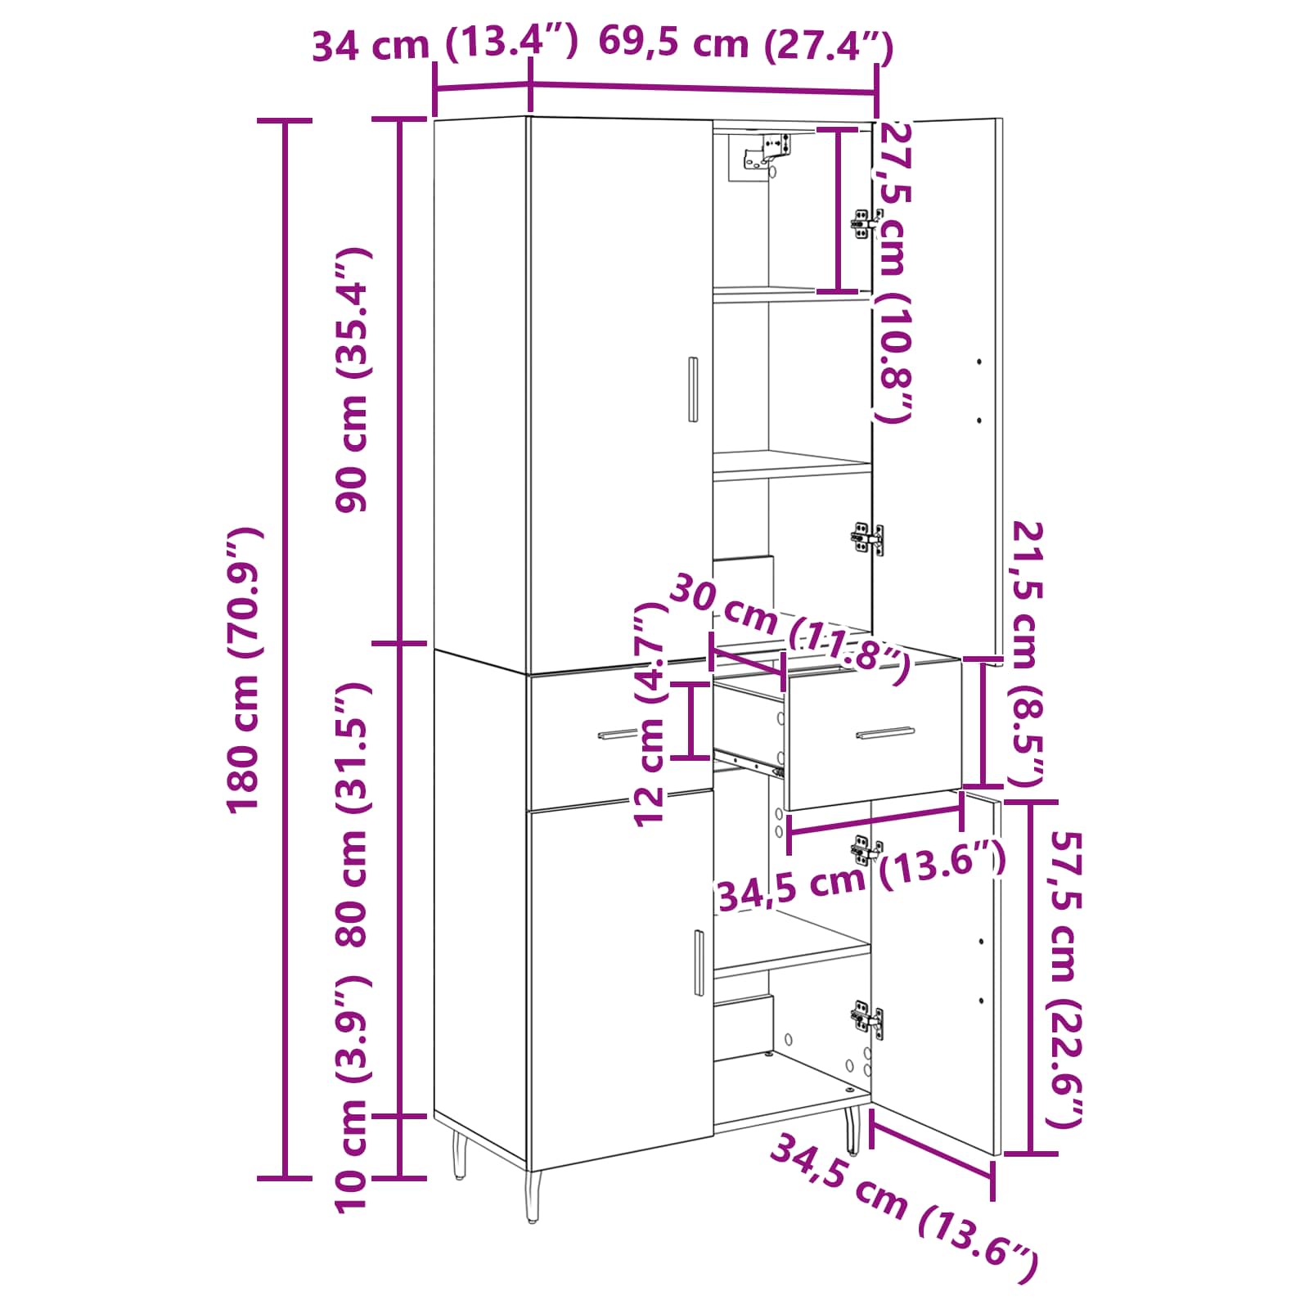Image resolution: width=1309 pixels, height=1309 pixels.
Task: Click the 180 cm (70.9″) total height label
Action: pyautogui.click(x=244, y=670)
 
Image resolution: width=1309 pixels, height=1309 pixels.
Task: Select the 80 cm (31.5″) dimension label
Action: pyautogui.click(x=353, y=813)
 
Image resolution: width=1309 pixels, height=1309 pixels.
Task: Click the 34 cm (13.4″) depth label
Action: pyautogui.click(x=445, y=44)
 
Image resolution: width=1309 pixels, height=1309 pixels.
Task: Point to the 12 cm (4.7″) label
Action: pyautogui.click(x=651, y=713)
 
